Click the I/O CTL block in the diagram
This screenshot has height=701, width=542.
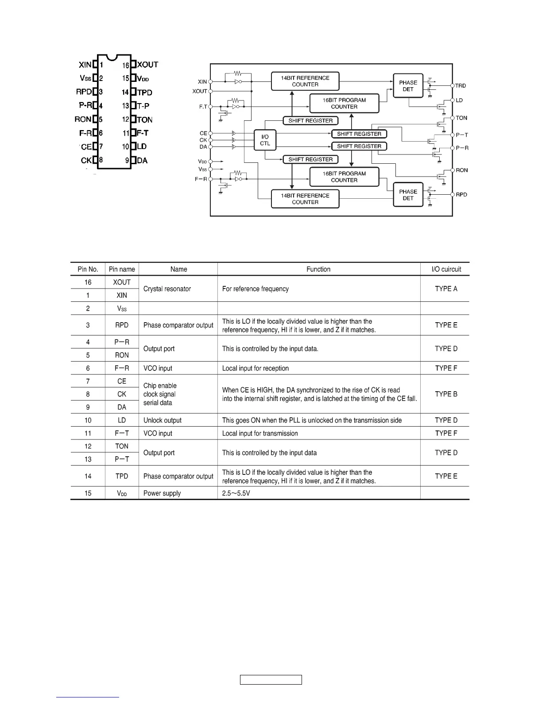265,140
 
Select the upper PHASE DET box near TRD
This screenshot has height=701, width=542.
408,86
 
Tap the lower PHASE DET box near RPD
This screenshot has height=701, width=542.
408,195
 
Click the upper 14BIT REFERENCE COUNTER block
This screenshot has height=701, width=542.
305,81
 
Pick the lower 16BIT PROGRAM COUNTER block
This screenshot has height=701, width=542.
344,177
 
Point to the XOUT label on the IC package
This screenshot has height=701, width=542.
147,65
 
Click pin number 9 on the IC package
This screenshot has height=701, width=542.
127,161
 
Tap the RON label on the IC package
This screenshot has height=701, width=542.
83,119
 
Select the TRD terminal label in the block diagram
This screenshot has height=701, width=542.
461,86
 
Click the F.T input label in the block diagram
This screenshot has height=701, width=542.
203,107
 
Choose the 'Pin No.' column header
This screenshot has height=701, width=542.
88,269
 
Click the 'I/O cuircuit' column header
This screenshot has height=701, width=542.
446,269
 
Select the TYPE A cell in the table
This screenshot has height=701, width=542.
446,289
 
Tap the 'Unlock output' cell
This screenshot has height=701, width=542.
163,420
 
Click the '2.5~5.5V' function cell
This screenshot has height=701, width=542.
236,493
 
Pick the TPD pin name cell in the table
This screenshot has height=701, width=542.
122,476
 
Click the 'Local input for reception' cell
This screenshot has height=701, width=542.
256,368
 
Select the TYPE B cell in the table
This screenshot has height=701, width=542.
446,394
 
